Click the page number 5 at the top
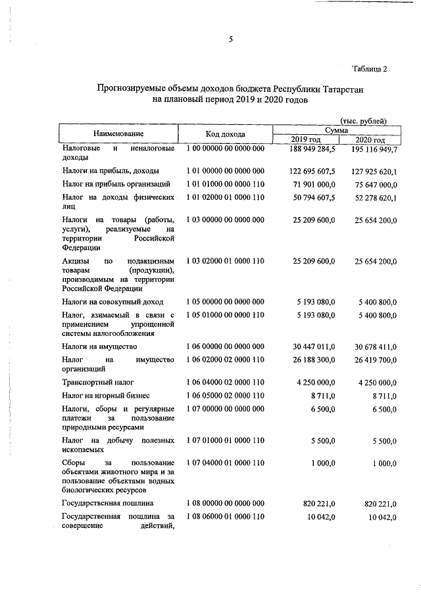click(x=231, y=39)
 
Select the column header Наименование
click(x=118, y=134)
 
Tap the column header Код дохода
click(x=225, y=134)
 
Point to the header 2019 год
click(x=306, y=140)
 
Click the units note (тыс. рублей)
click(x=363, y=120)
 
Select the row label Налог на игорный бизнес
click(x=106, y=395)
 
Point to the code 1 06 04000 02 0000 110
click(x=225, y=381)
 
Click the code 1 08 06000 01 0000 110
click(x=225, y=517)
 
